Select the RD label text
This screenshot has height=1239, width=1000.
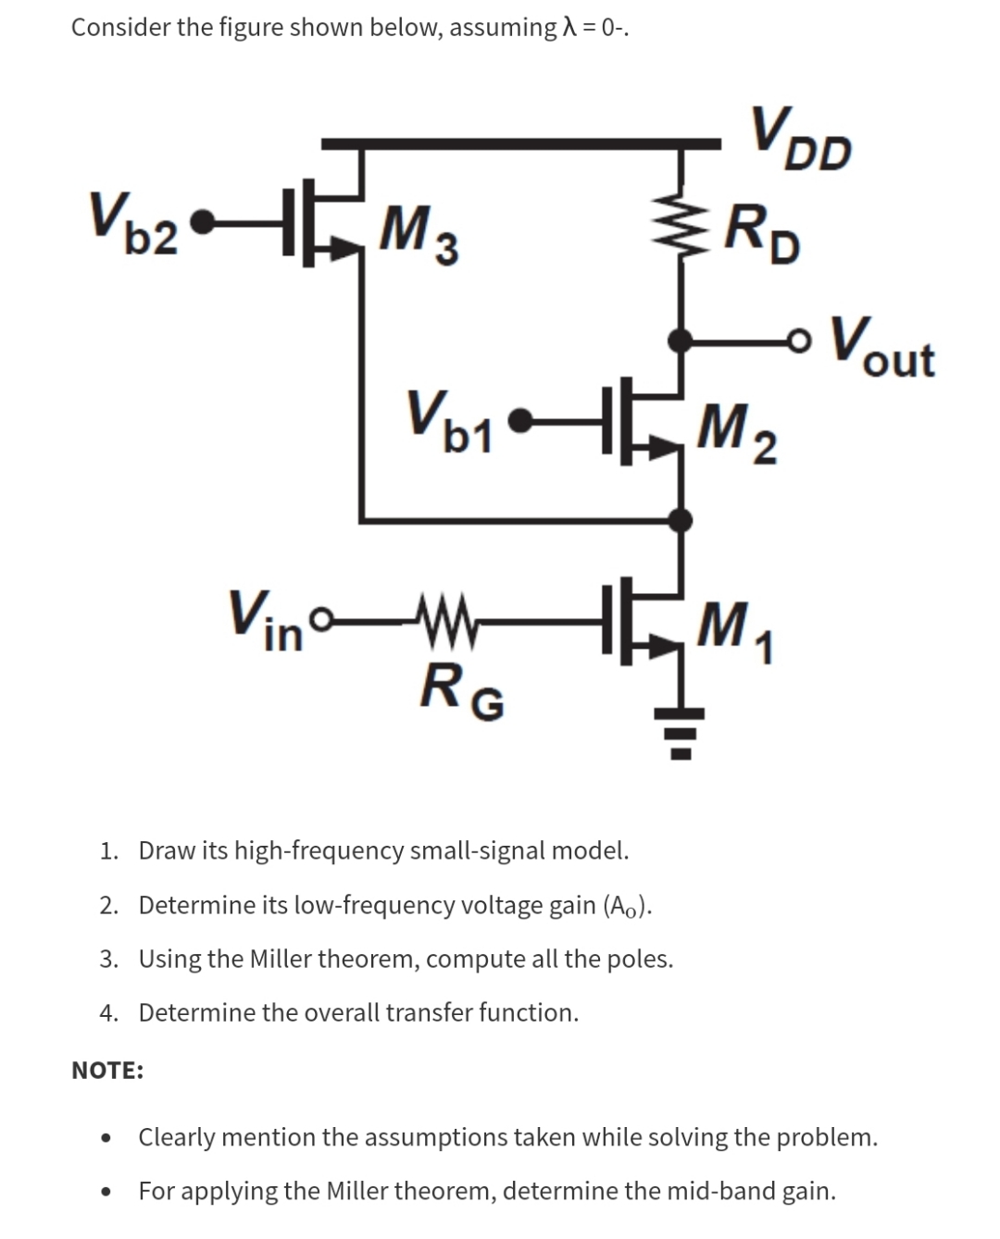763,234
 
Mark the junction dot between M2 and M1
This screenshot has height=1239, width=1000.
682,519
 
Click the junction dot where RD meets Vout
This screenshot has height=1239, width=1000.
682,341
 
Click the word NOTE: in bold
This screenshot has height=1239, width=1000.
107,1071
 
